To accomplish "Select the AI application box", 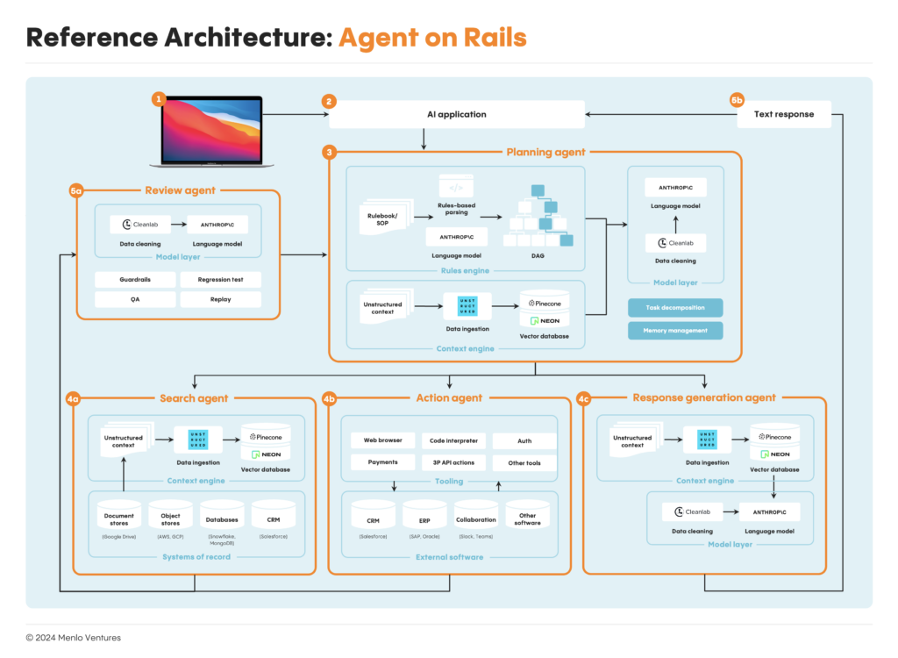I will click(456, 114).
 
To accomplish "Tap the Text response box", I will click(784, 114).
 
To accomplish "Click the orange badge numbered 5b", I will click(738, 100).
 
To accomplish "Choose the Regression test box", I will click(220, 280).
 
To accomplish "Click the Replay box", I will click(220, 299).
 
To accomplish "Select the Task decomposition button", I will click(675, 308).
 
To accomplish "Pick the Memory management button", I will click(675, 330).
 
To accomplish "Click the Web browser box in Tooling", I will click(382, 440).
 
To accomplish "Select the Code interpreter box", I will click(453, 440).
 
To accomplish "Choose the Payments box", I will click(382, 462).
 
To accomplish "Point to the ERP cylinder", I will click(424, 519).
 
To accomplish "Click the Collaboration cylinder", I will click(475, 519).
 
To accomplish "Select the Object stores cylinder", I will click(170, 519).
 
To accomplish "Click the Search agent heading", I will click(194, 397).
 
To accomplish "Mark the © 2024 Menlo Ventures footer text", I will click(74, 638).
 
